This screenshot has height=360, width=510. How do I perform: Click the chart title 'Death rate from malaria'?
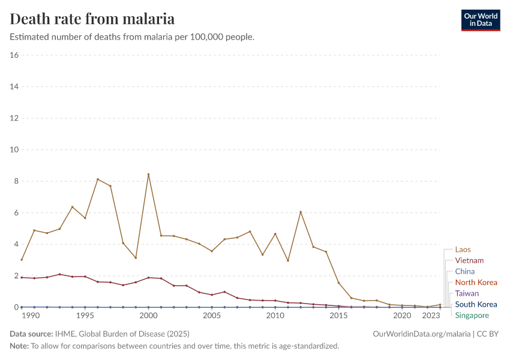pyautogui.click(x=92, y=19)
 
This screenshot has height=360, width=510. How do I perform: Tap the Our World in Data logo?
pyautogui.click(x=480, y=20)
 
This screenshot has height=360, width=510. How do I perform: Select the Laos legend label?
pyautogui.click(x=463, y=250)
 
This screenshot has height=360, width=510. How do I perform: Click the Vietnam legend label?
pyautogui.click(x=469, y=260)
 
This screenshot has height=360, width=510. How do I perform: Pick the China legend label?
pyautogui.click(x=464, y=271)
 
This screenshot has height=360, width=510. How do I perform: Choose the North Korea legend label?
pyautogui.click(x=476, y=283)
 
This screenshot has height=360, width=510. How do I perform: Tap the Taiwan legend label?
pyautogui.click(x=467, y=293)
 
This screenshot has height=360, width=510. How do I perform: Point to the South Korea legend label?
pyautogui.click(x=476, y=304)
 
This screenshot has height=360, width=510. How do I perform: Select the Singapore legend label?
pyautogui.click(x=472, y=316)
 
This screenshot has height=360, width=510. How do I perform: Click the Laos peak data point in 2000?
pyautogui.click(x=148, y=175)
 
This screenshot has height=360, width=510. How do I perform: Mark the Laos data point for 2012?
pyautogui.click(x=301, y=212)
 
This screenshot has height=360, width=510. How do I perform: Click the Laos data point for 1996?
pyautogui.click(x=98, y=179)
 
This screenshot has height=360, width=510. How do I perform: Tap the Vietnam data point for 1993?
pyautogui.click(x=59, y=274)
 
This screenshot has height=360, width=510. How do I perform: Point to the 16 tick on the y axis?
pyautogui.click(x=14, y=55)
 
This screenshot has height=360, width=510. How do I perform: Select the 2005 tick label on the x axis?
pyautogui.click(x=212, y=316)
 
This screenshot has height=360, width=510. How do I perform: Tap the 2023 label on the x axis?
pyautogui.click(x=431, y=316)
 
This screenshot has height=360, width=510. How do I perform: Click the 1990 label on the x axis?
pyautogui.click(x=30, y=316)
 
